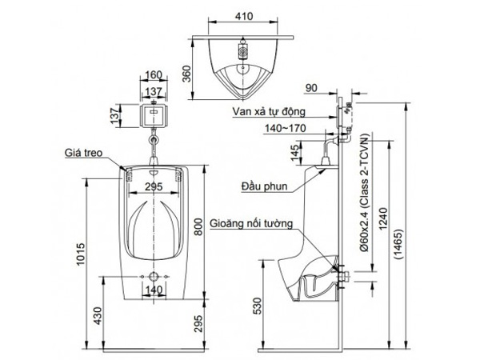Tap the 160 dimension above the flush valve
155,76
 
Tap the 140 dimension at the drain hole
155,290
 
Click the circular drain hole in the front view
155,276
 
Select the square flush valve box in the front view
155,115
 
